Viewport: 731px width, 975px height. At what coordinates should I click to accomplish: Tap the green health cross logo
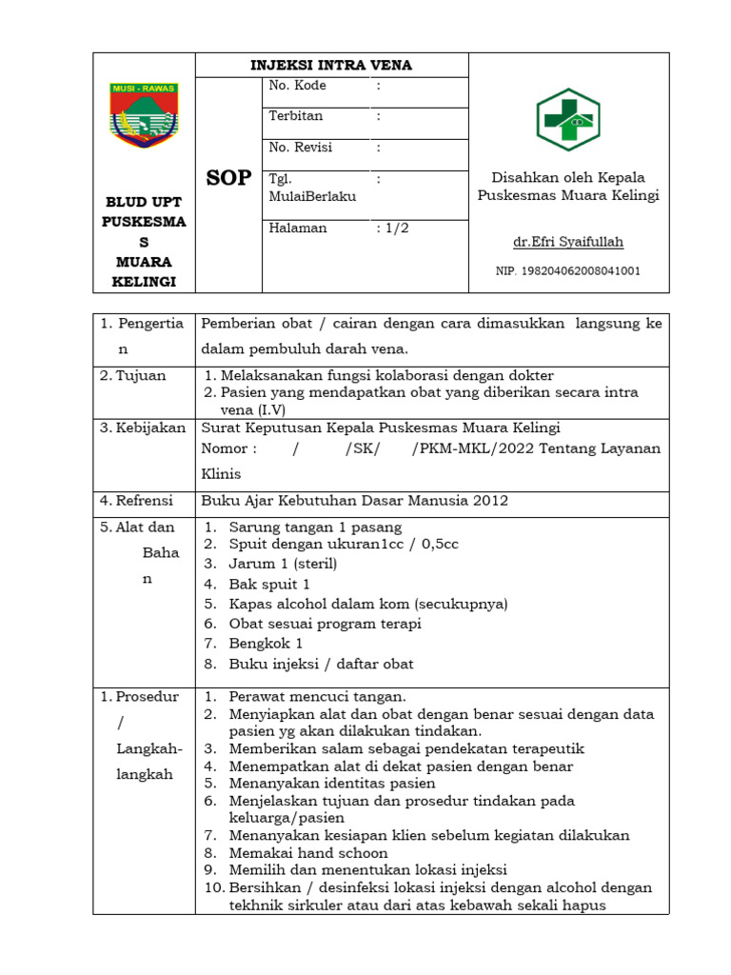pyautogui.click(x=567, y=120)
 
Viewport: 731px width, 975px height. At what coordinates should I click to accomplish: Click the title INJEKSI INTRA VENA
pyautogui.click(x=330, y=65)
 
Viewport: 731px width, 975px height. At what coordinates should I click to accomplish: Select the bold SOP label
pyautogui.click(x=228, y=178)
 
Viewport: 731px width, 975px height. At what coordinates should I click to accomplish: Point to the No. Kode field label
pyautogui.click(x=297, y=86)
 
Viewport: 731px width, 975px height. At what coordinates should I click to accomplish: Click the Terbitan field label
pyautogui.click(x=296, y=116)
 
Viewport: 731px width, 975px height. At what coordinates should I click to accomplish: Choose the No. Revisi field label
pyautogui.click(x=301, y=148)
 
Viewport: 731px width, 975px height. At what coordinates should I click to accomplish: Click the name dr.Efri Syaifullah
pyautogui.click(x=567, y=242)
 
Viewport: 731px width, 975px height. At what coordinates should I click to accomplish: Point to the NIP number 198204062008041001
pyautogui.click(x=568, y=271)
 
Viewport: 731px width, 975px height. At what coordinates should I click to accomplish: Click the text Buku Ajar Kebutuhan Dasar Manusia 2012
pyautogui.click(x=354, y=500)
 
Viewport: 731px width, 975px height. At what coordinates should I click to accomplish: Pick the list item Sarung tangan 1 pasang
pyautogui.click(x=315, y=527)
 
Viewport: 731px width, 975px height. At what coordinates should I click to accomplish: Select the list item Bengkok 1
pyautogui.click(x=266, y=645)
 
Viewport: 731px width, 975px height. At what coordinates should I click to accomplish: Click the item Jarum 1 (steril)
pyautogui.click(x=283, y=564)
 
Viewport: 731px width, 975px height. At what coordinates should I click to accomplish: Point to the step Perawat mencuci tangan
pyautogui.click(x=317, y=696)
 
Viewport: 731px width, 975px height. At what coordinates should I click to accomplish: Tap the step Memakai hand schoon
pyautogui.click(x=308, y=853)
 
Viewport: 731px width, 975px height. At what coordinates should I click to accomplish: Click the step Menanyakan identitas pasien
pyautogui.click(x=332, y=784)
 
